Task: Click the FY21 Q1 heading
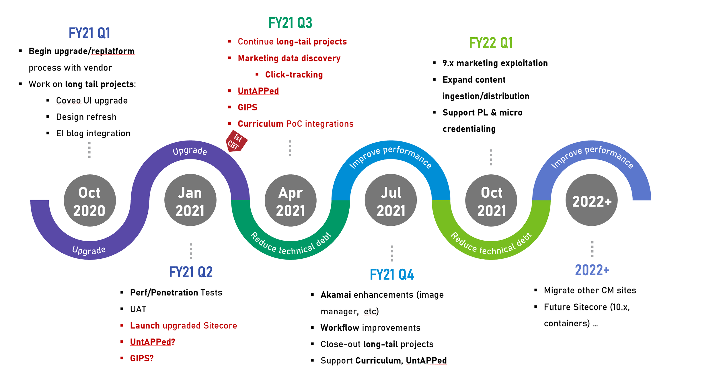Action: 89,33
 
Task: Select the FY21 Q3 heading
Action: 290,23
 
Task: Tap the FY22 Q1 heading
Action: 491,43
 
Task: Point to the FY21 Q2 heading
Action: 191,272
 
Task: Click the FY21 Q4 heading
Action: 392,274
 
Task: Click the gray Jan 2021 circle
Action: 190,200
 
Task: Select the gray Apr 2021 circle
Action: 290,200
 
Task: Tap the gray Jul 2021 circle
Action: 391,200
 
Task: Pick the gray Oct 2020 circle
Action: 90,200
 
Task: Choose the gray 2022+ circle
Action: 591,200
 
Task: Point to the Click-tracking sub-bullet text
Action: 294,75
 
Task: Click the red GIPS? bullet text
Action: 142,358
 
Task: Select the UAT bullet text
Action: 138,309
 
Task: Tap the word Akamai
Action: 336,295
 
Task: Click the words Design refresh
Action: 86,117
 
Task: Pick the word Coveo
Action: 68,101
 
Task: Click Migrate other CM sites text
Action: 590,291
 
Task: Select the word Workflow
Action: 340,328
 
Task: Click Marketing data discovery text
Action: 289,58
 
